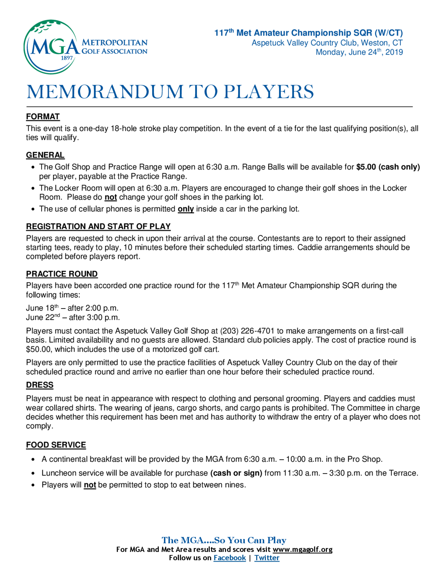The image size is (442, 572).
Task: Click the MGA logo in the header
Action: point(51,47)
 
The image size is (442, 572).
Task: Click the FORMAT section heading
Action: point(43,116)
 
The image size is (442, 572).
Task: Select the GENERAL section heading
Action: point(45,155)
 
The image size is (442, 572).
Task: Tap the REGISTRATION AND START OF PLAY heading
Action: point(98,226)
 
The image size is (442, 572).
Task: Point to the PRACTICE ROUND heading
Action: point(62,274)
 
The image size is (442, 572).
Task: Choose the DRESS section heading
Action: point(40,385)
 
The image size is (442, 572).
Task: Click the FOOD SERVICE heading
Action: point(56,445)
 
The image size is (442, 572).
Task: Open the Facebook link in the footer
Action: point(230,558)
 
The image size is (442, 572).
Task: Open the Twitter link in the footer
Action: point(267,558)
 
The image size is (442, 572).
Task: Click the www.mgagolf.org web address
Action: point(302,549)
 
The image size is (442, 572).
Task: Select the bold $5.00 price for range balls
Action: point(366,167)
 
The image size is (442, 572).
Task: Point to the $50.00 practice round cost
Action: point(39,349)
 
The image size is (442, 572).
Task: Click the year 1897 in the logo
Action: point(67,58)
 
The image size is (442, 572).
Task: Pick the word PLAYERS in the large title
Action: point(269,92)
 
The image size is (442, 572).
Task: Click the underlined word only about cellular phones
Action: point(186,209)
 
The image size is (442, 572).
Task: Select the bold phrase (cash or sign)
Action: point(236,473)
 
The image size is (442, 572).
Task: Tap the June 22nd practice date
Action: point(43,317)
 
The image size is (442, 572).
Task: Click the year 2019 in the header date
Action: point(394,52)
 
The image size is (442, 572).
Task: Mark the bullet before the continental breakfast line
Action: point(33,459)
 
